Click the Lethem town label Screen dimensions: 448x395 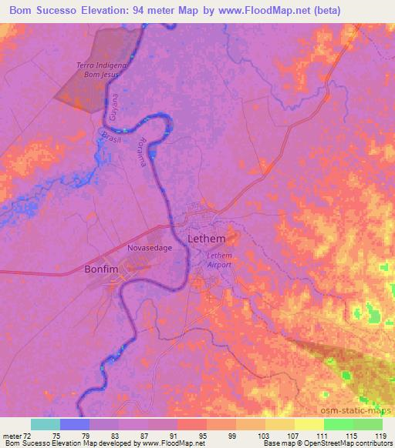tap(207, 239)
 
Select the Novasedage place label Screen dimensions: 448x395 tap(150, 249)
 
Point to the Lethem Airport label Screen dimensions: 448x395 tap(220, 259)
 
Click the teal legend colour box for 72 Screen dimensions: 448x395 tap(46, 424)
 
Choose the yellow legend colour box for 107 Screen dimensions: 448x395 tap(280, 424)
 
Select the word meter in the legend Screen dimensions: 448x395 tap(12, 436)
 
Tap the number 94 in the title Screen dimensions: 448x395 tap(138, 11)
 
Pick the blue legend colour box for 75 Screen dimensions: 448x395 tap(75, 424)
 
